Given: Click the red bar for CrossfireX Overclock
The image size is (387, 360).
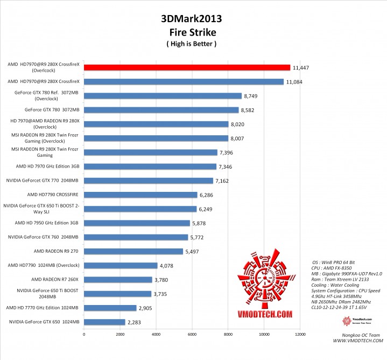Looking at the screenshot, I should point(187,67).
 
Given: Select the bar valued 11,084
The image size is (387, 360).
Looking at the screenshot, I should point(184,82).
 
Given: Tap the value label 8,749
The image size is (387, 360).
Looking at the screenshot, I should point(252,96).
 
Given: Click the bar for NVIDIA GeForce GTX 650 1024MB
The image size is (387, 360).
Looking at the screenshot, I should point(104,322).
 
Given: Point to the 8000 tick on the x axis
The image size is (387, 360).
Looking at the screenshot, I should point(228,335).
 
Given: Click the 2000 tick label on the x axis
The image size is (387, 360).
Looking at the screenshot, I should point(120,335).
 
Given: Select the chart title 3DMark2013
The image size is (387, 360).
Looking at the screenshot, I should point(191,19).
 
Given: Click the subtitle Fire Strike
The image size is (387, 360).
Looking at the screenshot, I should point(191,31).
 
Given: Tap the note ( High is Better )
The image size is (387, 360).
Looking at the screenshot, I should point(191,44).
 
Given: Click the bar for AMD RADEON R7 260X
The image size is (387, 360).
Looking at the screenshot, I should point(118,279).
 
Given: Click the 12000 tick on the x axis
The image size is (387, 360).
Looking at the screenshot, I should point(300,335).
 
